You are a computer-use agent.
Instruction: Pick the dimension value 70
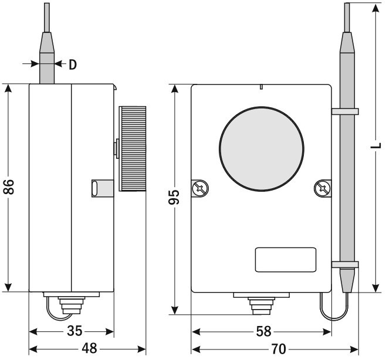pos(279,348)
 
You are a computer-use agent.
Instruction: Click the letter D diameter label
pos(72,64)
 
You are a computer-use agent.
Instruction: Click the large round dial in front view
pos(261,148)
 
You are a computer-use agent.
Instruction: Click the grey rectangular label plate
pos(286,260)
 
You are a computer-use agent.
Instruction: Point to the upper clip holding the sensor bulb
pos(345,111)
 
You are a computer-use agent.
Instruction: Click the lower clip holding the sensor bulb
pos(345,265)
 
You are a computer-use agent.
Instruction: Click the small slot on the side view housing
pos(94,188)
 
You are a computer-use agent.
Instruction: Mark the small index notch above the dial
pos(260,88)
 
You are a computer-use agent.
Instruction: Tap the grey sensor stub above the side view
pos(46,64)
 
